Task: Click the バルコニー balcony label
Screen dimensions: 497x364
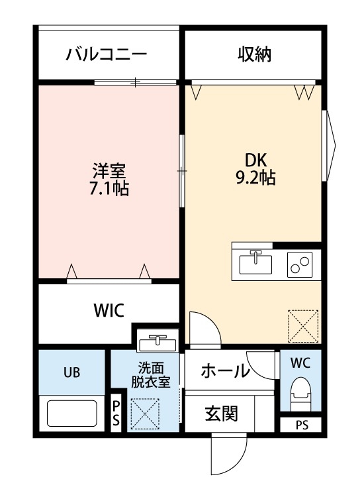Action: (106, 54)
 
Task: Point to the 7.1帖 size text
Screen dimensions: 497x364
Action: (109, 189)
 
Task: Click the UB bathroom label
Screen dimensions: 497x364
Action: (71, 372)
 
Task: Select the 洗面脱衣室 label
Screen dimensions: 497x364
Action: (150, 374)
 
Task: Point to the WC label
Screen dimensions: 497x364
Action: (300, 363)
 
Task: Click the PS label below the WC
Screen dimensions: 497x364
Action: (301, 425)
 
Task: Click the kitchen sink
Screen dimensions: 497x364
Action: (255, 264)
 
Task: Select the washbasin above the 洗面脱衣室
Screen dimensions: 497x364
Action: (158, 342)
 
